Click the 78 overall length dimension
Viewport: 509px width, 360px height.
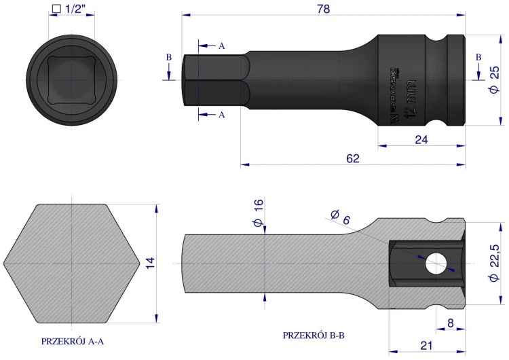[x=323, y=9]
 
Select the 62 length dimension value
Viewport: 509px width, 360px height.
[x=353, y=158]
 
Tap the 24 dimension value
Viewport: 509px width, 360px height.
[x=421, y=140]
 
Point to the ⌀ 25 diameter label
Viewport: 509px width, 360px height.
[x=495, y=80]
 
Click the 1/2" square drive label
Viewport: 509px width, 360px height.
[x=69, y=9]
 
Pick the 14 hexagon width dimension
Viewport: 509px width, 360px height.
[x=150, y=263]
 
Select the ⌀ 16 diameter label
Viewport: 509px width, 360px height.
[x=259, y=213]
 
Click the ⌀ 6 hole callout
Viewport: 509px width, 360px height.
[x=341, y=217]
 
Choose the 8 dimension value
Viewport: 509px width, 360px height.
[x=450, y=323]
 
